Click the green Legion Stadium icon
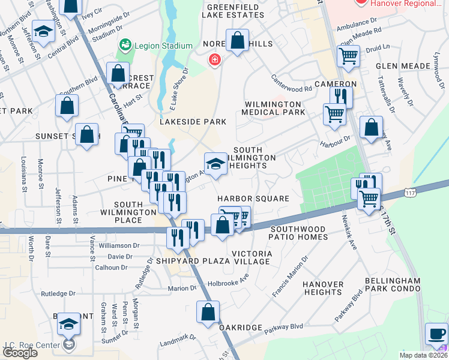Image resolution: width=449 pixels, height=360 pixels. click(125, 45)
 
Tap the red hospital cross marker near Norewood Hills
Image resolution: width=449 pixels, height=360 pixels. click(214, 60)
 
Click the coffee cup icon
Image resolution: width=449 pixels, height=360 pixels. click(436, 333)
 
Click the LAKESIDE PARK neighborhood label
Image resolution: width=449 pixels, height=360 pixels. click(193, 122)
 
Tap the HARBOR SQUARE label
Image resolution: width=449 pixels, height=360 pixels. click(253, 199)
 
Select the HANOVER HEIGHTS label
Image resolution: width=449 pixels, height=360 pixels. click(323, 288)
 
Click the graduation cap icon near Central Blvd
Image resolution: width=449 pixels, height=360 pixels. click(43, 31)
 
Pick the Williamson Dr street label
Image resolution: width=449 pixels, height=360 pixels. click(119, 245)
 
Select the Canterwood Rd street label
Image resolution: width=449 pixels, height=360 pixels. click(291, 88)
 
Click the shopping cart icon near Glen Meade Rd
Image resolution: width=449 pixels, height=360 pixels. click(348, 56)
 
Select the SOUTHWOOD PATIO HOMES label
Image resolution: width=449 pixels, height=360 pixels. click(298, 233)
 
